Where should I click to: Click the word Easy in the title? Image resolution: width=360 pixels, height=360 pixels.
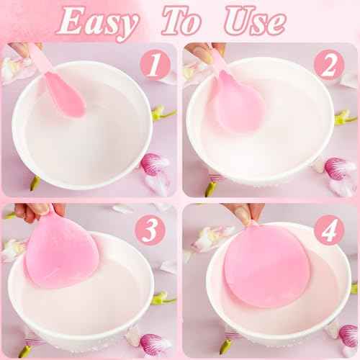[x=97, y=23]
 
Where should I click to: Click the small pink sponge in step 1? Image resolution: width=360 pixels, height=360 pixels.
[x=66, y=93]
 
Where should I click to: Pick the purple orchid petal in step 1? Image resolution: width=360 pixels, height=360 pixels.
[x=153, y=164]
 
